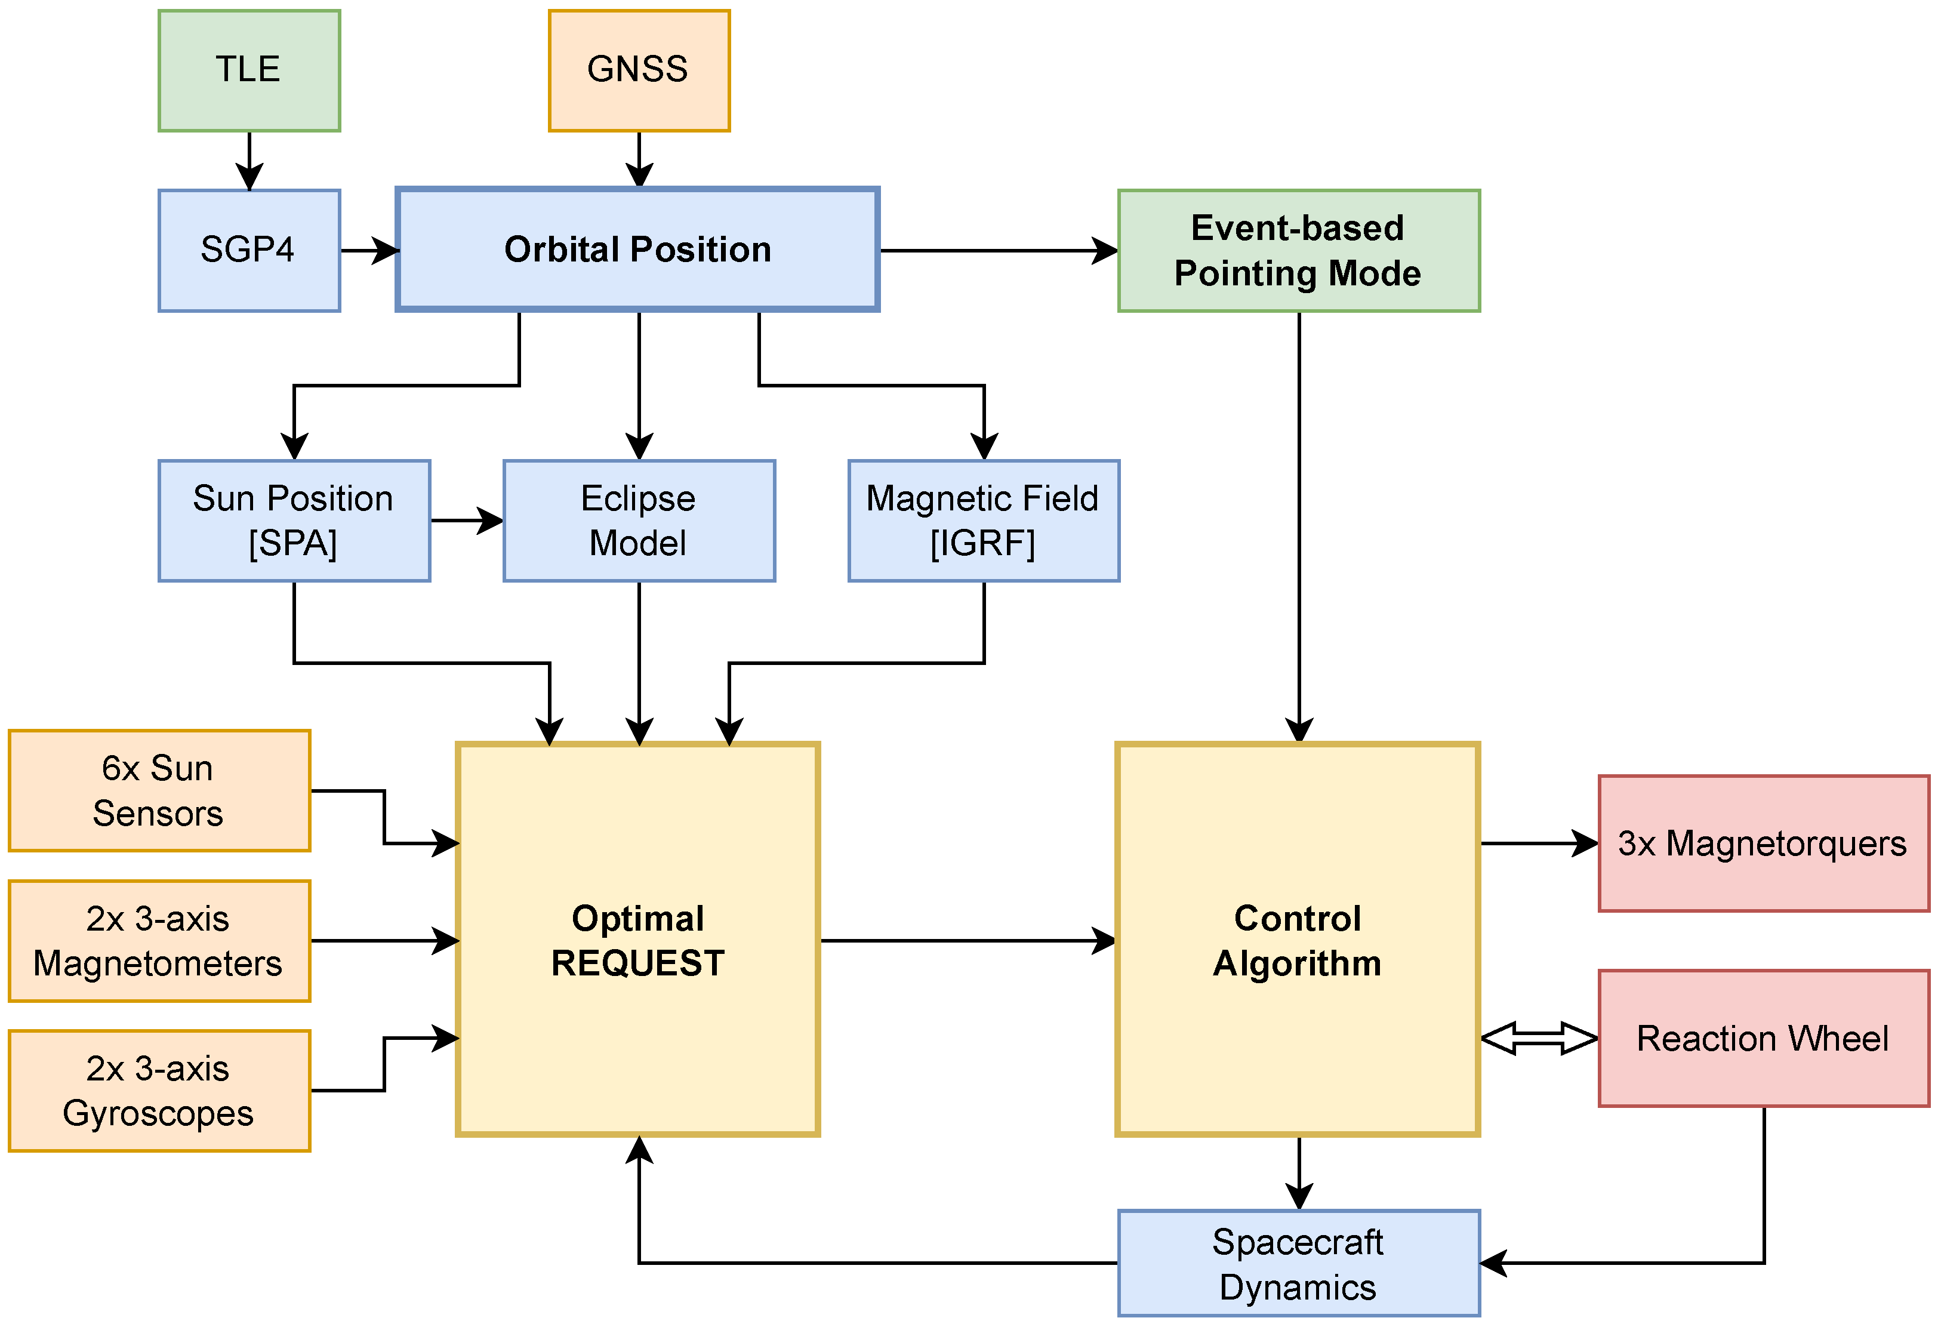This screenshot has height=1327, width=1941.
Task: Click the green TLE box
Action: [249, 71]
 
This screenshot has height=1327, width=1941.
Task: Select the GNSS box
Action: [639, 71]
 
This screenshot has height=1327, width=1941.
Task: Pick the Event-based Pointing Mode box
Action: [1299, 251]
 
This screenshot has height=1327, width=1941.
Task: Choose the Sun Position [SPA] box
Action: [294, 521]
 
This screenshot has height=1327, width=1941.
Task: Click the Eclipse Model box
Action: [639, 521]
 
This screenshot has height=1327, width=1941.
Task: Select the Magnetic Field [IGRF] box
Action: [984, 521]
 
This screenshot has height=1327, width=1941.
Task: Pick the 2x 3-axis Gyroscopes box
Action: [159, 1091]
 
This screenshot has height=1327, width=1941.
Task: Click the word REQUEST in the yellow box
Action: [637, 963]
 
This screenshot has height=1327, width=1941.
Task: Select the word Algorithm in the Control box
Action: [1297, 963]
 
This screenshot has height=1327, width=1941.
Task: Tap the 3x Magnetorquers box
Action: [1763, 843]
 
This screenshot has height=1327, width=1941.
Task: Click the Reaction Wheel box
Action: [1763, 1039]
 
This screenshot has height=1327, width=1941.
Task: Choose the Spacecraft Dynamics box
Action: [1299, 1264]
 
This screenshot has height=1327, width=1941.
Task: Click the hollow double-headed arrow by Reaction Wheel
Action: [1539, 1039]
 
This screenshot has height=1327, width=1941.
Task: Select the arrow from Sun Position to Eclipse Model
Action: [466, 521]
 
